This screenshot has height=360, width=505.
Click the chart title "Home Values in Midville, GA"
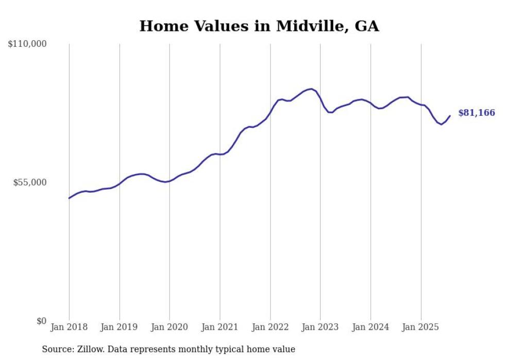[x=259, y=26]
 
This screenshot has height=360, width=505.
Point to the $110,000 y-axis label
[x=27, y=44]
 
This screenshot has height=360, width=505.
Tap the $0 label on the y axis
[x=41, y=321]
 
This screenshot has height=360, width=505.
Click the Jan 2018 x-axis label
[x=69, y=327]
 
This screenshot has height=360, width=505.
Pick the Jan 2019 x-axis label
[x=119, y=327]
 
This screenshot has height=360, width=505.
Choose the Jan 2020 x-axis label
[x=170, y=327]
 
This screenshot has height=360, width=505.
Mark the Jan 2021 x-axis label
[x=220, y=327]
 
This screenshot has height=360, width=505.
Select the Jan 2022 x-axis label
[x=270, y=327]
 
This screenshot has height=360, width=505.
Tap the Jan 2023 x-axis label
[x=321, y=327]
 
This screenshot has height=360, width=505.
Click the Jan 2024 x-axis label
[x=371, y=327]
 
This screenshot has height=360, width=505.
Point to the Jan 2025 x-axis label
[x=421, y=327]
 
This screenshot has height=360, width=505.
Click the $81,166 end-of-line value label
[x=477, y=113]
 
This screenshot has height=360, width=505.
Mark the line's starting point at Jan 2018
[x=69, y=198]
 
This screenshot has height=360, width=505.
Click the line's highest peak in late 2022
[x=311, y=89]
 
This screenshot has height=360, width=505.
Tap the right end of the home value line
[x=450, y=116]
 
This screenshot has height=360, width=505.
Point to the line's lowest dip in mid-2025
[x=442, y=124]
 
